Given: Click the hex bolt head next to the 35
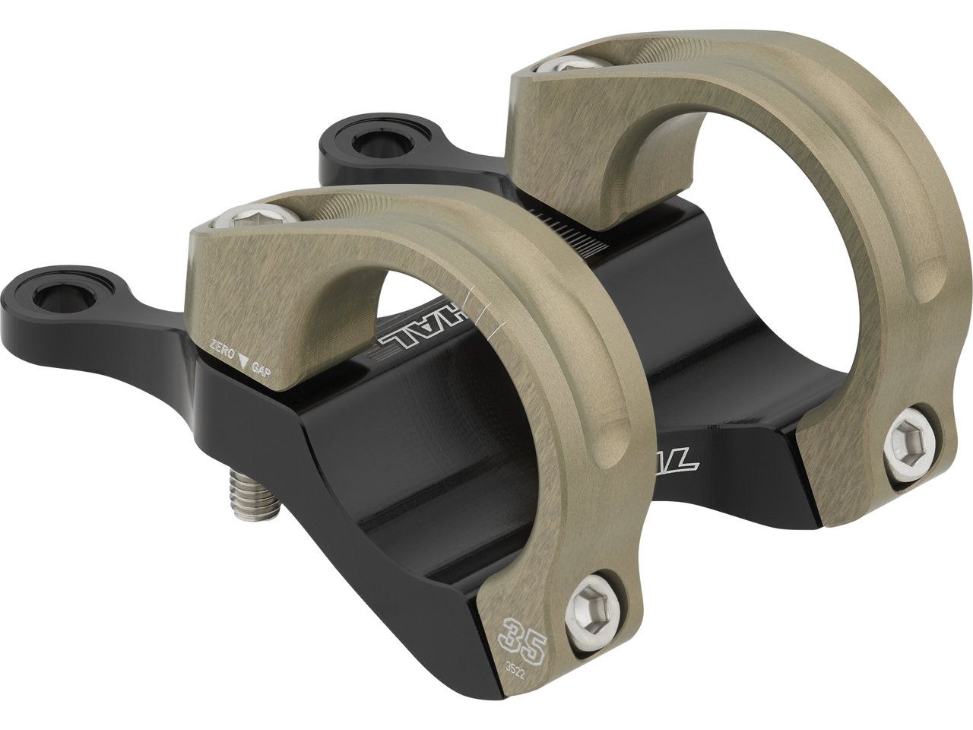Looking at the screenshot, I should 591,600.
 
